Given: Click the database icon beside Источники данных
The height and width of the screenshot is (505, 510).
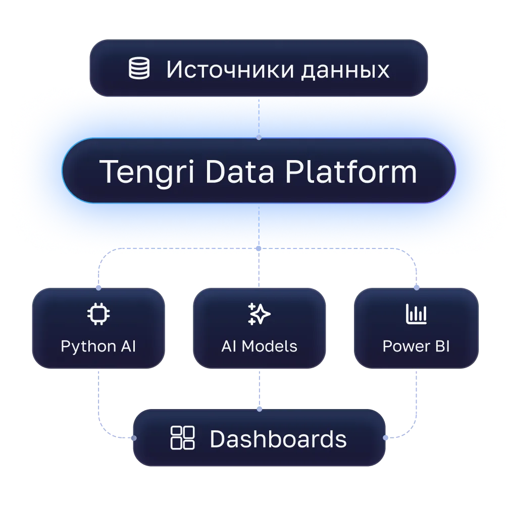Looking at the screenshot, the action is pyautogui.click(x=139, y=69).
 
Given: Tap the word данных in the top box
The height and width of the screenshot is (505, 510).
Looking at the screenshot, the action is pyautogui.click(x=345, y=70).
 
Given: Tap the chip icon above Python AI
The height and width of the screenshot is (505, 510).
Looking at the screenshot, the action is pyautogui.click(x=98, y=314).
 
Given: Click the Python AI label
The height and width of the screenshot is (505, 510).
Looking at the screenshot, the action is pyautogui.click(x=98, y=346).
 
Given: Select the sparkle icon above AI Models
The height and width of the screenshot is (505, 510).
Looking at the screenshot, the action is pyautogui.click(x=259, y=314).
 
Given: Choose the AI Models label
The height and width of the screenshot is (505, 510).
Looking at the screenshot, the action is pyautogui.click(x=259, y=346).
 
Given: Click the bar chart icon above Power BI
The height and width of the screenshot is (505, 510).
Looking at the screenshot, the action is pyautogui.click(x=416, y=314).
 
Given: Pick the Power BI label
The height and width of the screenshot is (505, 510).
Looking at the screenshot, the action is pyautogui.click(x=416, y=346).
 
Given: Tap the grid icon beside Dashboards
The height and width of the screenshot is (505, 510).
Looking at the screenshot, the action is pyautogui.click(x=182, y=438).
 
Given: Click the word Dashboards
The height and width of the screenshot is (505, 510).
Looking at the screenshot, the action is pyautogui.click(x=278, y=439).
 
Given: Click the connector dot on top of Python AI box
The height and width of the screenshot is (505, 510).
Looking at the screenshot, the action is pyautogui.click(x=98, y=288).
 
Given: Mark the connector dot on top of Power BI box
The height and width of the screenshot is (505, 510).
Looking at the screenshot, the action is pyautogui.click(x=416, y=288).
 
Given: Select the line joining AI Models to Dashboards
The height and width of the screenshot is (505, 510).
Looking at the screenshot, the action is pyautogui.click(x=259, y=389).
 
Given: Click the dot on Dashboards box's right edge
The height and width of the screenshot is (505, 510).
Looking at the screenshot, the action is pyautogui.click(x=385, y=438).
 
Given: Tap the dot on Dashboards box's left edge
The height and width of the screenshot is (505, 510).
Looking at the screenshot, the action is pyautogui.click(x=133, y=438).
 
